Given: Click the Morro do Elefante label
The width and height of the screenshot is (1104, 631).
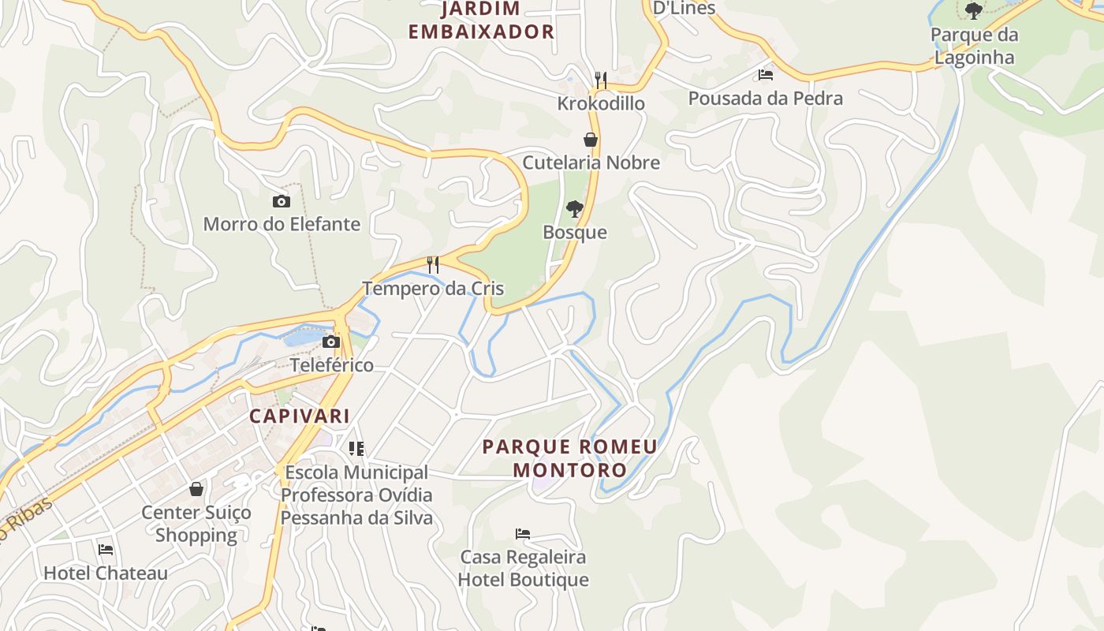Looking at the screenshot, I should (x=282, y=224).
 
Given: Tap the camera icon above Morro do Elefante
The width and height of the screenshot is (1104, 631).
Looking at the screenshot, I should (x=281, y=202).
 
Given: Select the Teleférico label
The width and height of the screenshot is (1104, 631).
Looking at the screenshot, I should (x=331, y=365).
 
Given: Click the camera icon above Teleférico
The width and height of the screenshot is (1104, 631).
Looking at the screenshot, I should (x=331, y=342).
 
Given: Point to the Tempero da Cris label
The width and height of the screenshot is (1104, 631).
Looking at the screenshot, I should (x=433, y=288).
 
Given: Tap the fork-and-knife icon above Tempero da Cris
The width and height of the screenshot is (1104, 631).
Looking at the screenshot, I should (x=433, y=264).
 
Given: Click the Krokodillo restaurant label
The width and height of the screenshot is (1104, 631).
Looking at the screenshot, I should (x=601, y=103).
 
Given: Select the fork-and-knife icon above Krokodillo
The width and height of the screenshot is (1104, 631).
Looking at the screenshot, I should (x=601, y=80).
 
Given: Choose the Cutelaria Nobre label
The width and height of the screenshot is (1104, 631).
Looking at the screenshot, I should (x=591, y=162).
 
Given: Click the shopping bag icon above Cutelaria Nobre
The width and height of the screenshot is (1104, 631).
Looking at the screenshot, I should (x=590, y=140).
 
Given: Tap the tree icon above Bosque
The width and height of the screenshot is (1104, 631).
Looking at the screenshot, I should (x=575, y=209).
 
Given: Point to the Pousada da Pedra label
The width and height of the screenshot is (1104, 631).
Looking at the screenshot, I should (x=765, y=99).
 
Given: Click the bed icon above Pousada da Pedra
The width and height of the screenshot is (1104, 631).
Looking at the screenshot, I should (x=765, y=75).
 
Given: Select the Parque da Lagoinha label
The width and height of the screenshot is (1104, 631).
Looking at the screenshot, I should (x=974, y=46).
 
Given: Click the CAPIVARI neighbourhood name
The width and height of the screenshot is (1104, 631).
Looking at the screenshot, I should (x=300, y=416).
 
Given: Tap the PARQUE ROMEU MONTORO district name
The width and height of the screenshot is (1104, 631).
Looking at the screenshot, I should (x=569, y=458).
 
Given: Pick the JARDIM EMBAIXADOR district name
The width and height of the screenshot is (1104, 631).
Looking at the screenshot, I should (x=481, y=21).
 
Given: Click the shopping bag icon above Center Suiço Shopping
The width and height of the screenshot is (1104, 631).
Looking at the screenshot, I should (x=196, y=489).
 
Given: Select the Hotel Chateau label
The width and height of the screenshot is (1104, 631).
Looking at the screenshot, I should (x=106, y=573).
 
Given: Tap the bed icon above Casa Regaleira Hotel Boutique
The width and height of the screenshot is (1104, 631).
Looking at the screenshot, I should (x=523, y=534).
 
